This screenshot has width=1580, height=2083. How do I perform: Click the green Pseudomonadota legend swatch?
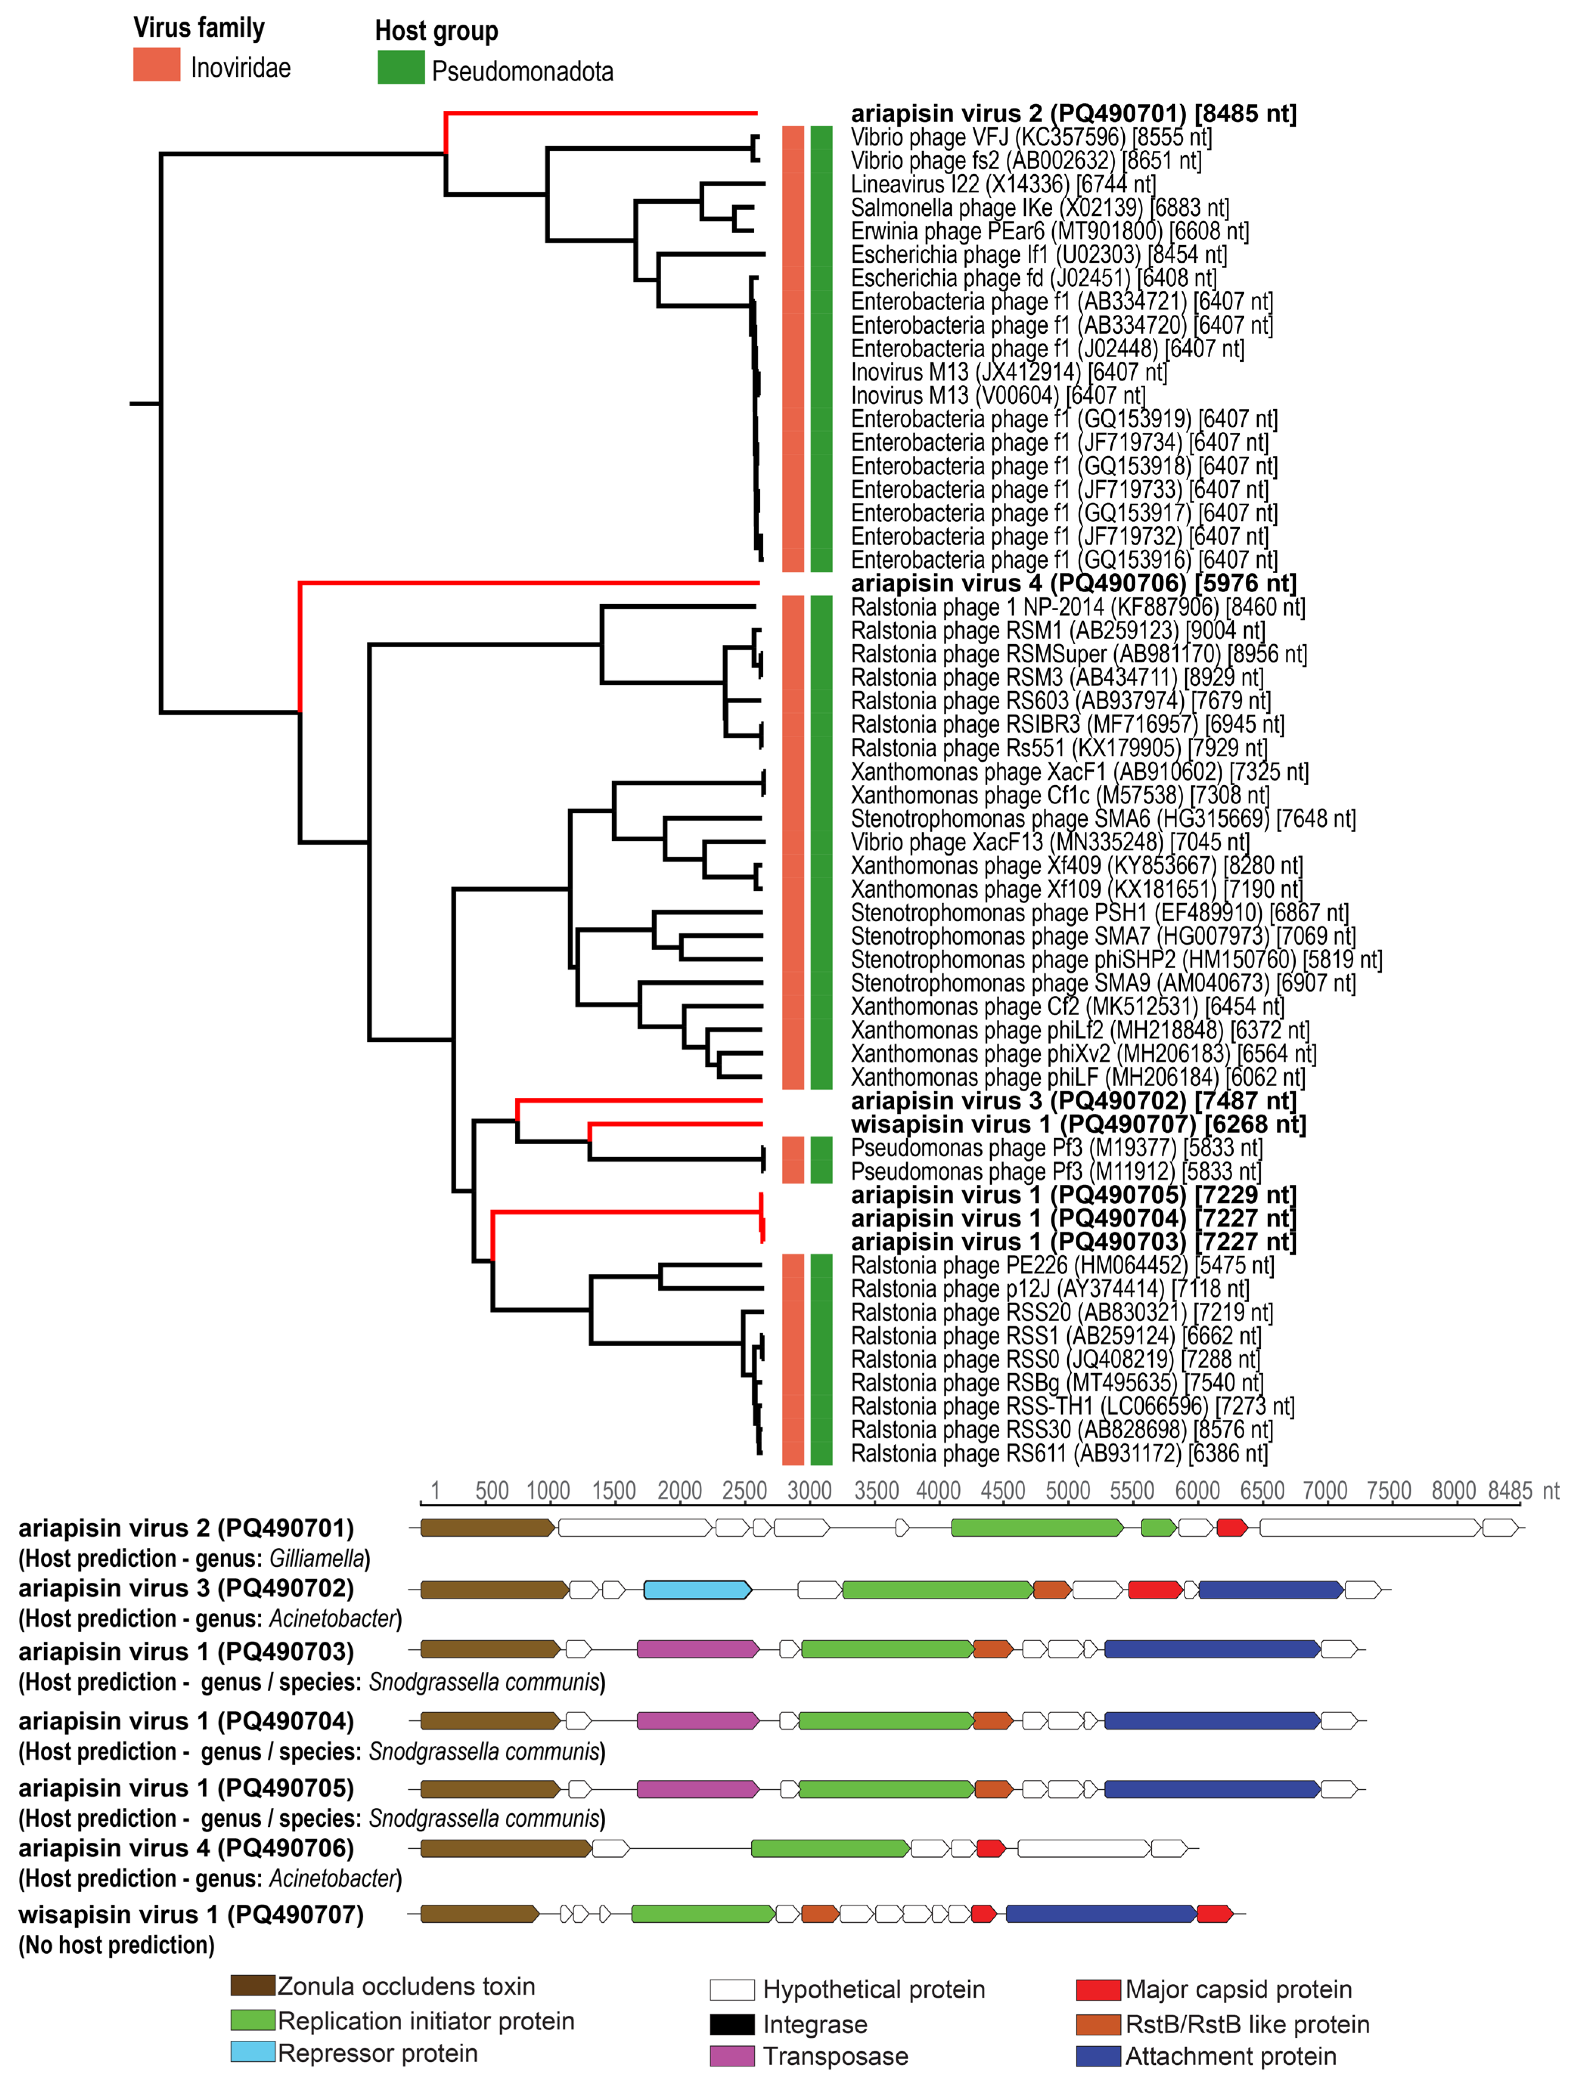pos(400,68)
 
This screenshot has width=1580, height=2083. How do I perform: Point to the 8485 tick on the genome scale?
pos(1510,1491)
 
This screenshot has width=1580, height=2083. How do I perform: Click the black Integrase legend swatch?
pos(732,2024)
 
